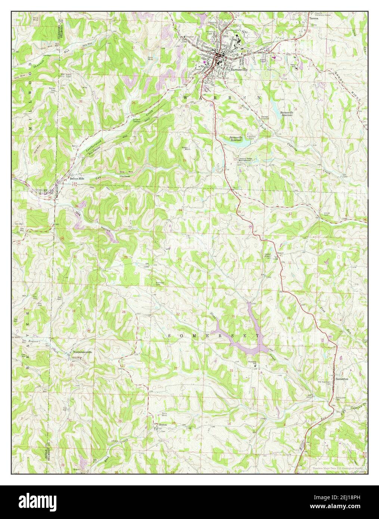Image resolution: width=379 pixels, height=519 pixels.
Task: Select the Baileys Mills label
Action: pyautogui.click(x=79, y=178)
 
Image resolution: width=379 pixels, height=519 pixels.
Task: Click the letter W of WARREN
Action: pyautogui.click(x=186, y=97)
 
